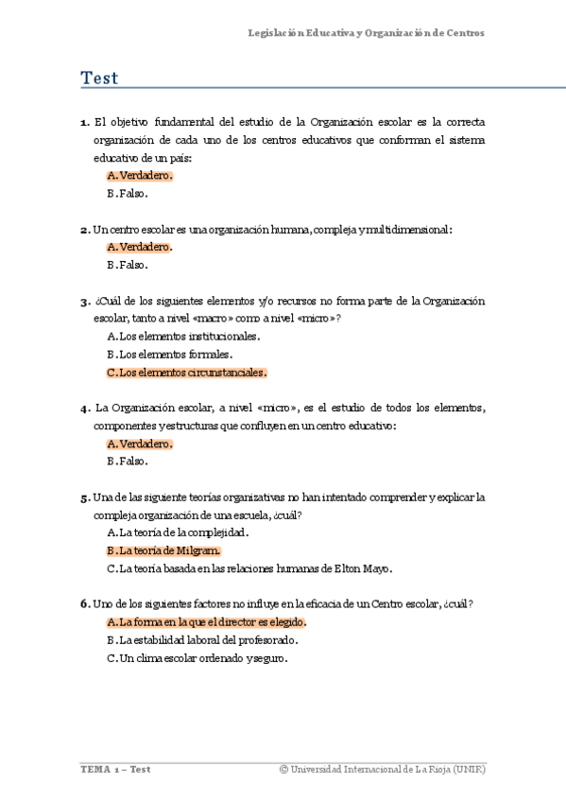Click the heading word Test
point(99,78)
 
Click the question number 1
point(84,123)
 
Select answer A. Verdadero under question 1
point(140,176)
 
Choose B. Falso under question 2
point(127,265)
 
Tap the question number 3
point(84,302)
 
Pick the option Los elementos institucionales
point(183,336)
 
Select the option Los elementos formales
point(169,354)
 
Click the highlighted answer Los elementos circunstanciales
point(187,372)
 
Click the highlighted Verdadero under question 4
point(140,444)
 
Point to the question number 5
point(84,497)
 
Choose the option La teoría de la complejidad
point(178,532)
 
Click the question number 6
point(84,604)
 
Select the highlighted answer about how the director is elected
point(207,622)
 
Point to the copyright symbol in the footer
point(283,770)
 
